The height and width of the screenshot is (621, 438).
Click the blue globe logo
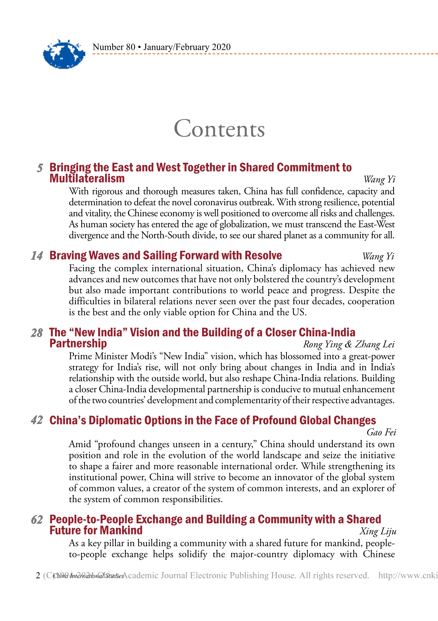coord(64,54)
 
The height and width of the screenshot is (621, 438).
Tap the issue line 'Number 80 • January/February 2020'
coord(161,47)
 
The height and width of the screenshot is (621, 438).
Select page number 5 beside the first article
coord(40,168)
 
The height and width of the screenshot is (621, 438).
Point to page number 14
coord(37,256)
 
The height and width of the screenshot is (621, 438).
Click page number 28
coord(37,333)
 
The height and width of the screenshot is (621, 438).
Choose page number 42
coord(37,421)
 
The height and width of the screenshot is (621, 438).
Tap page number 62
coord(37,520)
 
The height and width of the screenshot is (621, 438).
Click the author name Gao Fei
coord(381,432)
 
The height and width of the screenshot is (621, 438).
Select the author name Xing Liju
coord(378,531)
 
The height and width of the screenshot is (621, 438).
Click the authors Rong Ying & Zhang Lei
coord(349,344)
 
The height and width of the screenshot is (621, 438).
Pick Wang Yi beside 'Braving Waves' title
coord(378,256)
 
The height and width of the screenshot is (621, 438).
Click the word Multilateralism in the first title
coord(87,179)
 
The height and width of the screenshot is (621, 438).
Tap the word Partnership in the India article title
coord(78,343)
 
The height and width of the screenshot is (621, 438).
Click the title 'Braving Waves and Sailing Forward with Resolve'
coord(166,256)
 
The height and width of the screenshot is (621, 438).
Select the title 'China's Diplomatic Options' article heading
coord(213,420)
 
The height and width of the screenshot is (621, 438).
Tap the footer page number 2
coord(38,576)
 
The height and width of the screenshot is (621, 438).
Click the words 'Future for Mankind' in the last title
coord(96,530)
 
